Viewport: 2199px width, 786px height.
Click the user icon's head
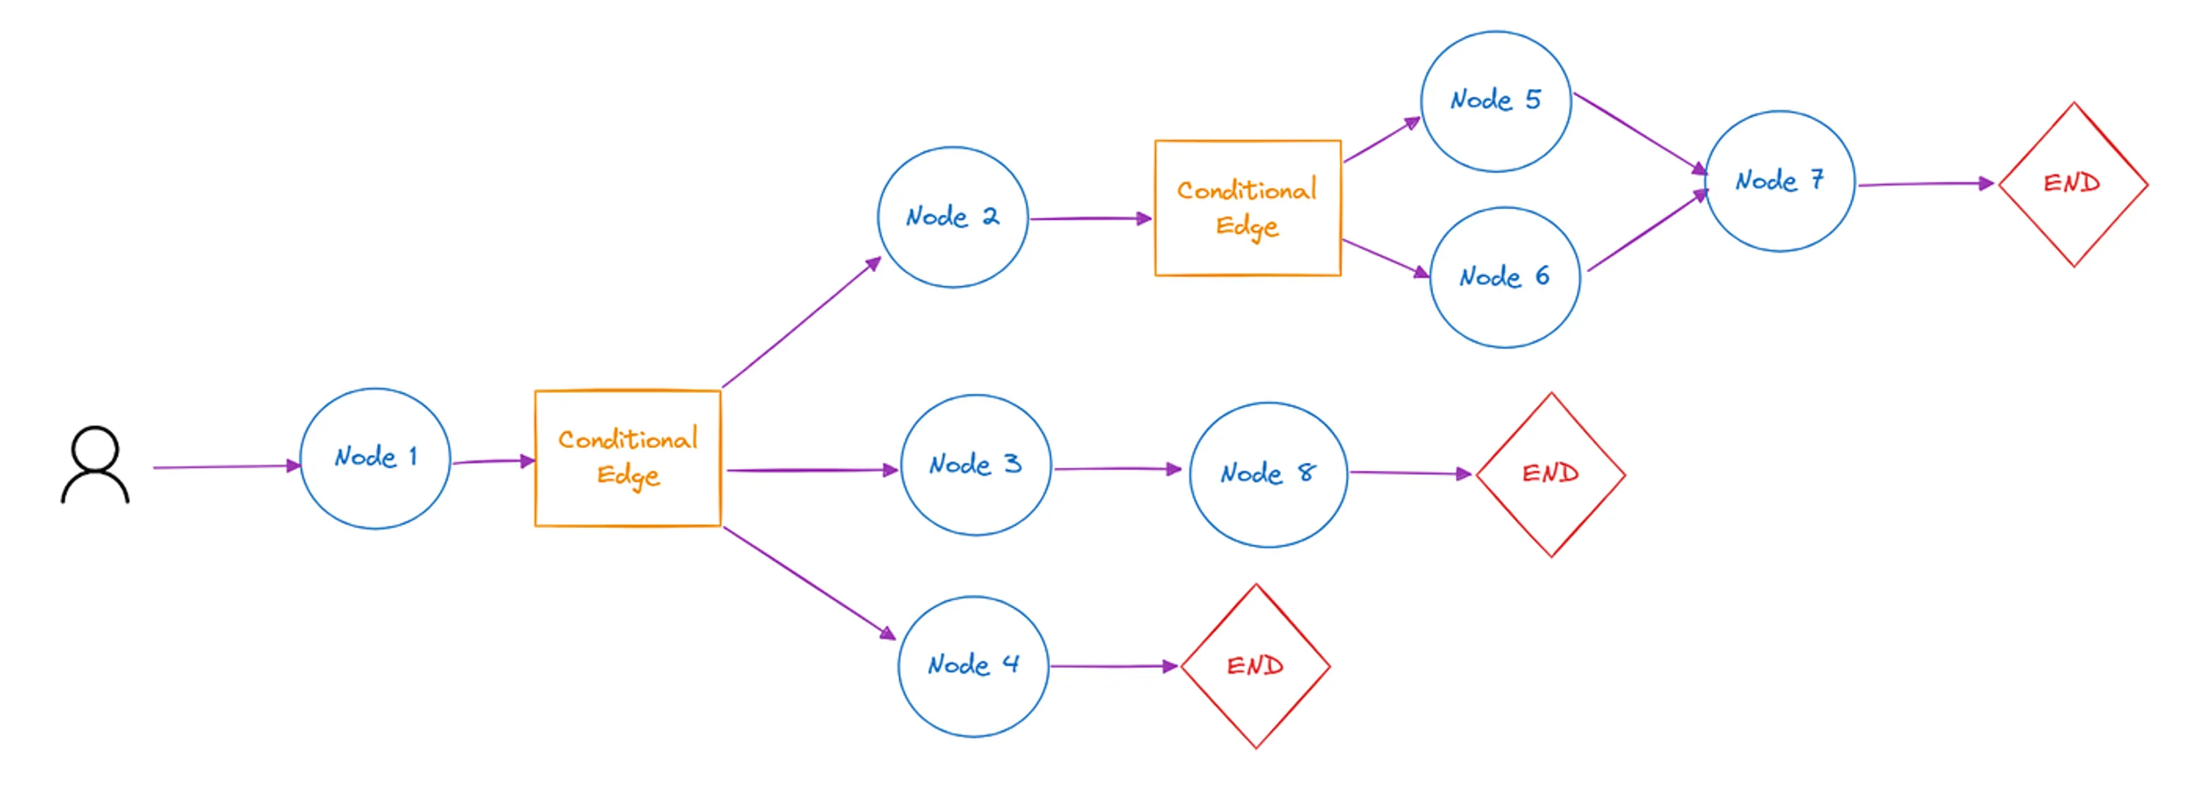tap(95, 447)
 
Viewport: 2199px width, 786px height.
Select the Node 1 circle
tap(375, 459)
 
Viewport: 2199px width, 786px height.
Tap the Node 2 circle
tap(953, 217)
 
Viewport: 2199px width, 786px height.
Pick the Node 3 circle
tap(976, 465)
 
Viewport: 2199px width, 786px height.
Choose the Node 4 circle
tap(973, 666)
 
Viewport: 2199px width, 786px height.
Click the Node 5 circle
tap(1496, 102)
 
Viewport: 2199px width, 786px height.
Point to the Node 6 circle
tap(1504, 278)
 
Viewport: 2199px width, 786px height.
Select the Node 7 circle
tap(1780, 181)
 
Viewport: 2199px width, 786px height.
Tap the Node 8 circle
tap(1268, 474)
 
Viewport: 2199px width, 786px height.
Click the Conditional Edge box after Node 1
tap(627, 458)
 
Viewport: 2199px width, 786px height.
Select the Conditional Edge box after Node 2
tap(1247, 208)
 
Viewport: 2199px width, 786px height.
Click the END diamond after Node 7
tap(2073, 184)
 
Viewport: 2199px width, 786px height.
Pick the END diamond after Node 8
tap(1550, 474)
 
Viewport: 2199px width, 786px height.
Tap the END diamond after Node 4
tap(1255, 667)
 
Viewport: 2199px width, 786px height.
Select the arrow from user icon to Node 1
tap(226, 467)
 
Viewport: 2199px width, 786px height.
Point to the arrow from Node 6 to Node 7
tap(1646, 233)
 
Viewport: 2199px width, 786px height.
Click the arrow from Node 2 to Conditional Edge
tap(1090, 218)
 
